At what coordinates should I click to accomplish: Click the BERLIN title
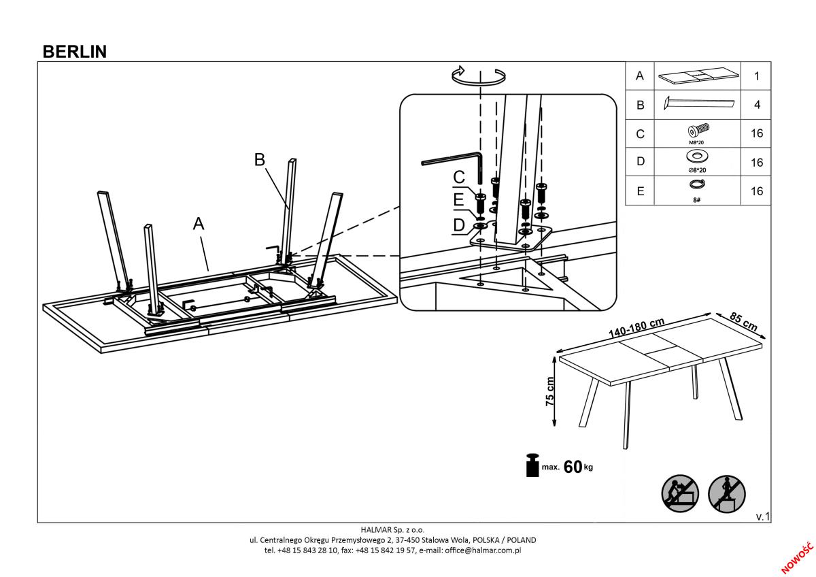(75, 52)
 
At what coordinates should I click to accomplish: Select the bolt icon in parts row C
(698, 130)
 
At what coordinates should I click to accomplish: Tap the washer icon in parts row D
(697, 156)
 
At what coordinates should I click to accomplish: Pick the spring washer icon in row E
(697, 184)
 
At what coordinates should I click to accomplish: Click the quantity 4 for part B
(757, 105)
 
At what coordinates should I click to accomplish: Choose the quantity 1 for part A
(757, 76)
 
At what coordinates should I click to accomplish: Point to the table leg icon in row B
(699, 103)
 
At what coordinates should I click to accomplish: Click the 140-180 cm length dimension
(636, 328)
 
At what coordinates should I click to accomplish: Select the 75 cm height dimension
(550, 392)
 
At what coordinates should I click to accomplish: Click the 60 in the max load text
(573, 467)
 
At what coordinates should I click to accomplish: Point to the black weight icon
(532, 465)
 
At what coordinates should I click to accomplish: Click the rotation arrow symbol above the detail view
(479, 76)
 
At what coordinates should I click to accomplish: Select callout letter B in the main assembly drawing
(259, 160)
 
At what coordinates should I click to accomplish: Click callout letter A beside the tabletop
(199, 223)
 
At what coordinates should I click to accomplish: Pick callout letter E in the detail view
(458, 200)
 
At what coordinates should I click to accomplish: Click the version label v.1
(763, 516)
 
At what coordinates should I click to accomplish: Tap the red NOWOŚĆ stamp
(798, 558)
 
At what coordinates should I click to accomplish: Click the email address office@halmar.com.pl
(483, 550)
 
